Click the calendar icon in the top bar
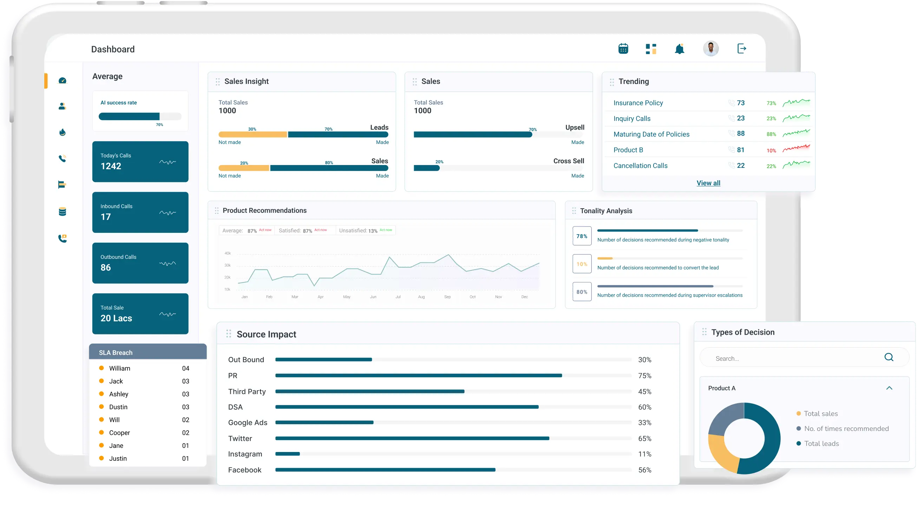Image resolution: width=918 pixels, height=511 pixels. coord(623,48)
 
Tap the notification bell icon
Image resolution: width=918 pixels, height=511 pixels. coord(679,49)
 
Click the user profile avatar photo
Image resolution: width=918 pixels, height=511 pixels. coord(710,48)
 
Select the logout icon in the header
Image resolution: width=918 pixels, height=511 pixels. coord(742,48)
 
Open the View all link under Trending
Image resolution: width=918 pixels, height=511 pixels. coord(708,183)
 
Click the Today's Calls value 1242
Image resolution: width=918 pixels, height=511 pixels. coord(111,166)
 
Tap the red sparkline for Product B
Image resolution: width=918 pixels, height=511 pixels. coord(796,148)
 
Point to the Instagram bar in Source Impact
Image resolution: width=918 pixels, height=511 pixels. coord(288,454)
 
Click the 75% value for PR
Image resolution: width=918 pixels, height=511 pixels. coord(644,375)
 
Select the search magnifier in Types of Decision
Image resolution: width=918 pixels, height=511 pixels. coord(889,357)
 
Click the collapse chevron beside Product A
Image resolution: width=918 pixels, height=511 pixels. coord(889,388)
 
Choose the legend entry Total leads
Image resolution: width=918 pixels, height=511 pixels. coord(821,444)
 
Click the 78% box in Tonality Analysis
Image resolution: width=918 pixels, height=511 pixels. coord(582,236)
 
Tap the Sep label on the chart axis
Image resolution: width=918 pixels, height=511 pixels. coord(447,297)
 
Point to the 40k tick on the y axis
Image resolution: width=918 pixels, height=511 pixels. coord(227,253)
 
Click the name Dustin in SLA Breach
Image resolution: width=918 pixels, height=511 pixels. coord(118,407)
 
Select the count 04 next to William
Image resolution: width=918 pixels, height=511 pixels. coord(185,368)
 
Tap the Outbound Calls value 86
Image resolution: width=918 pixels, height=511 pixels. coord(105,268)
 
